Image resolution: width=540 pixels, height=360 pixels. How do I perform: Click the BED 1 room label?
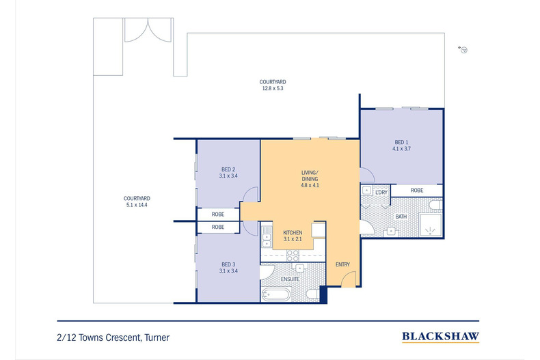click(x=401, y=142)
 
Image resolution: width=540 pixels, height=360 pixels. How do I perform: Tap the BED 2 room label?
click(x=228, y=169)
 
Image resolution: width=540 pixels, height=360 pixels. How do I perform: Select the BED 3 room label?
click(x=228, y=264)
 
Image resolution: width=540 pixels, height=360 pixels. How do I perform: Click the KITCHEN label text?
click(x=293, y=233)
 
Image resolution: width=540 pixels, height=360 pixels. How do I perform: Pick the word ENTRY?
click(x=342, y=264)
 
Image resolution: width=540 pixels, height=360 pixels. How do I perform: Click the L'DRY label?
click(x=381, y=193)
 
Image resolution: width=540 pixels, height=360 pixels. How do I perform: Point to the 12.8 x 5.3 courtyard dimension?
click(x=271, y=87)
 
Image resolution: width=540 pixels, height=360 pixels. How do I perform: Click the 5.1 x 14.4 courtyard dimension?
click(x=137, y=204)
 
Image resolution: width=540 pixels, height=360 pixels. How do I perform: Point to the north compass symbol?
click(x=463, y=50)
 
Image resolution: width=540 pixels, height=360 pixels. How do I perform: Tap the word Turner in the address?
click(x=156, y=337)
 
